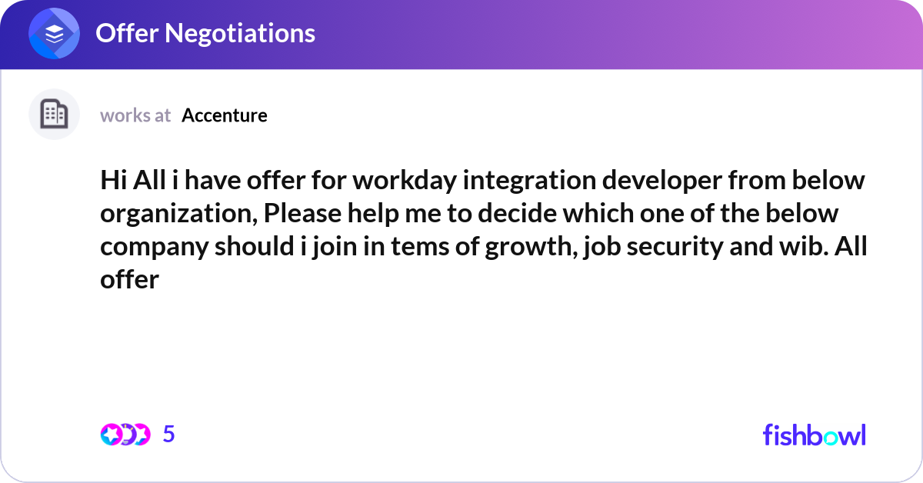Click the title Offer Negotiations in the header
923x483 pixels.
coord(205,33)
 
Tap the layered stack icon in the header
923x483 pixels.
coord(55,34)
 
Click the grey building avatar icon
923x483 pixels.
coord(54,115)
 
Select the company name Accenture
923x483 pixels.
coord(225,115)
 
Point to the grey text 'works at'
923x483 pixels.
coord(135,115)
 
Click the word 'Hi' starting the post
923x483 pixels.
coord(112,182)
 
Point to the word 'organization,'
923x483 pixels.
coord(178,215)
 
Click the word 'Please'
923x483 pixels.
coord(301,215)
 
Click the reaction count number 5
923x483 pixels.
coord(169,435)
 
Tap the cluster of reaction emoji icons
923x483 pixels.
coord(125,435)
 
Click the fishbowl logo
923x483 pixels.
coord(814,435)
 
